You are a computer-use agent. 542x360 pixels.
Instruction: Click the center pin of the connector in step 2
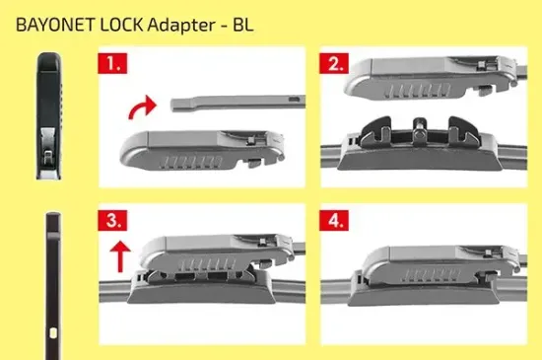tap(420, 125)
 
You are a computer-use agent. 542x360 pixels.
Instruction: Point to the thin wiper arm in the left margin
tap(49, 286)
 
